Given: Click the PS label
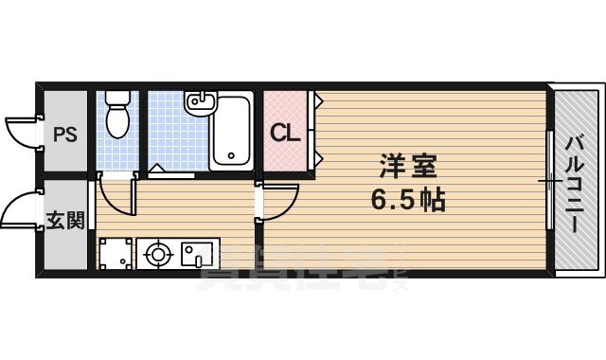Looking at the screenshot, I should (x=63, y=134).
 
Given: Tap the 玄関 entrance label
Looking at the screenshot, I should (x=65, y=221).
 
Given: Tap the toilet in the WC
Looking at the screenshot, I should (x=117, y=118).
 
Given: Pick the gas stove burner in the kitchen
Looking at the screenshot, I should (x=156, y=254).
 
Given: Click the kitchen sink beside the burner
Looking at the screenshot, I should (x=198, y=254).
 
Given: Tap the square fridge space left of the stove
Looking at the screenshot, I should (x=116, y=254).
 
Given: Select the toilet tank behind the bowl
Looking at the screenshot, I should (x=117, y=98).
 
